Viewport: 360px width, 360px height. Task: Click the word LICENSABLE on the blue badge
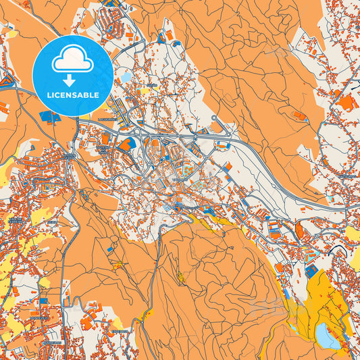point(72,95)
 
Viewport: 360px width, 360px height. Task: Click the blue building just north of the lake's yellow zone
point(312,269)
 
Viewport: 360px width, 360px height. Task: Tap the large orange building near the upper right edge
point(346,103)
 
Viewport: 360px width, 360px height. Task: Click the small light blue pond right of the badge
point(126,77)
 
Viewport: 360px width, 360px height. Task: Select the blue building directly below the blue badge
point(49,117)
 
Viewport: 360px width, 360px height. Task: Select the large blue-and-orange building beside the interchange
point(126,144)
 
